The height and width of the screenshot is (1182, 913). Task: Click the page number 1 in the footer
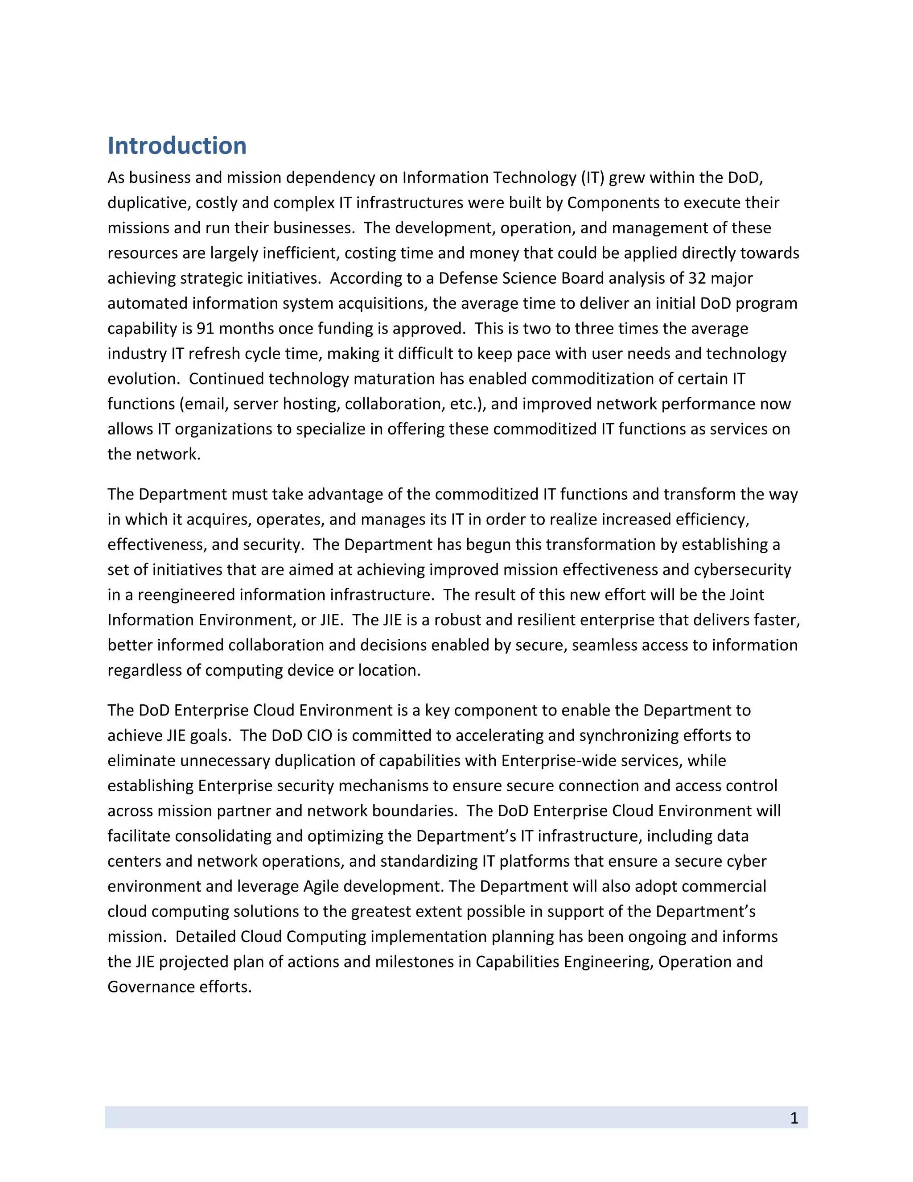pos(794,1118)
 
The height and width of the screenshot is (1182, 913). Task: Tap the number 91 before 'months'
pos(205,329)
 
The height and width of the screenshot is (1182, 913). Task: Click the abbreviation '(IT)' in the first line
pos(592,178)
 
